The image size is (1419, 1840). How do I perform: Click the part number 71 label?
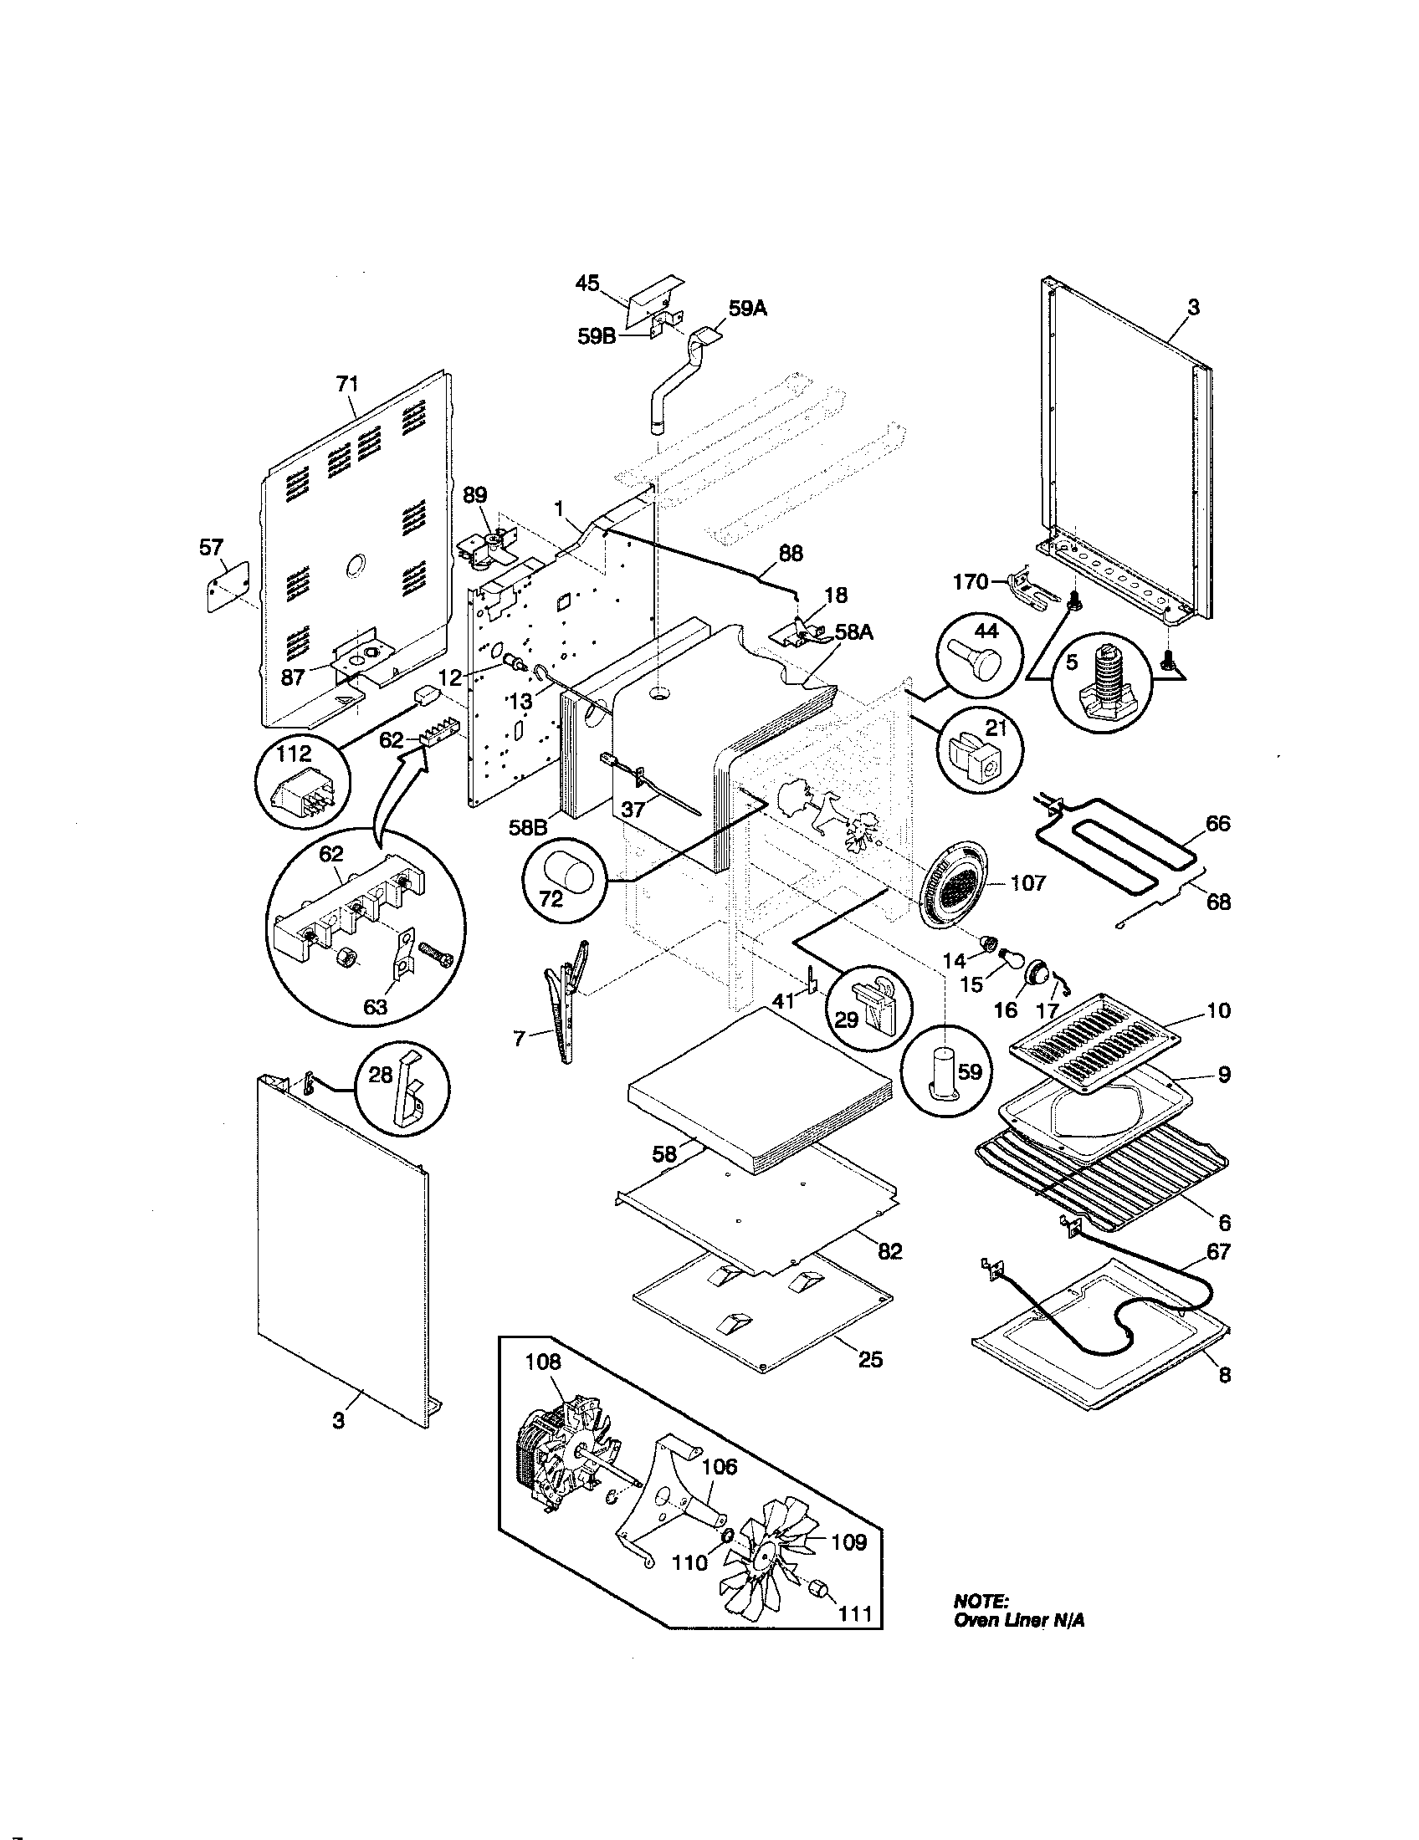(x=347, y=385)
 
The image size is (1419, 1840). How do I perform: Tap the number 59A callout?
(x=748, y=309)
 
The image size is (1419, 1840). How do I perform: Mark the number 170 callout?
(x=971, y=581)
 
